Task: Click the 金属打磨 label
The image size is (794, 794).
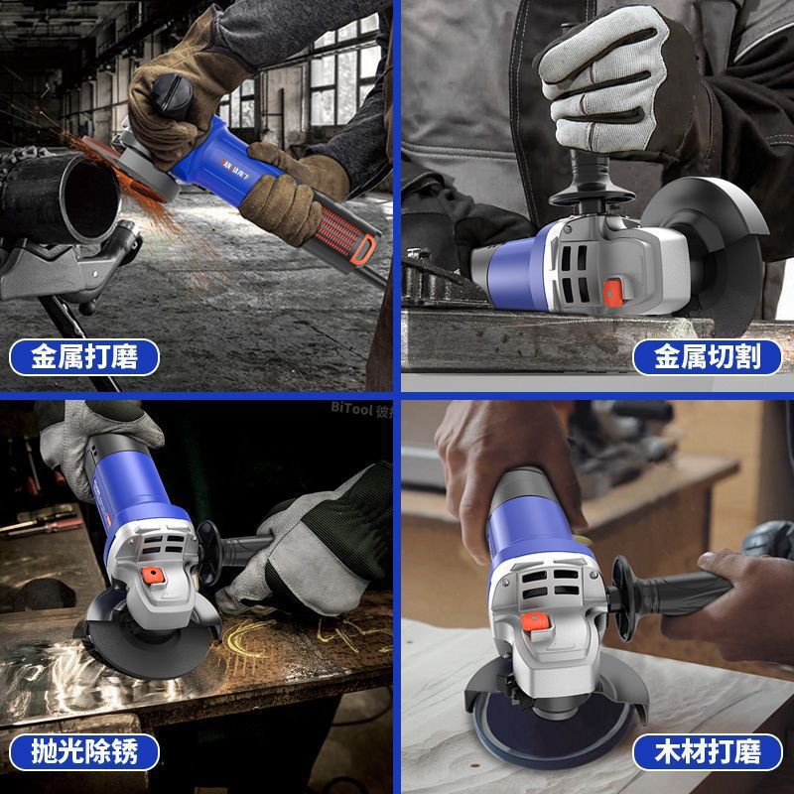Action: point(83,356)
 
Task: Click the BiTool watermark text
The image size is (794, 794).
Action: point(355,407)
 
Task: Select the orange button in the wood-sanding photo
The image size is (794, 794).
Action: point(541,620)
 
